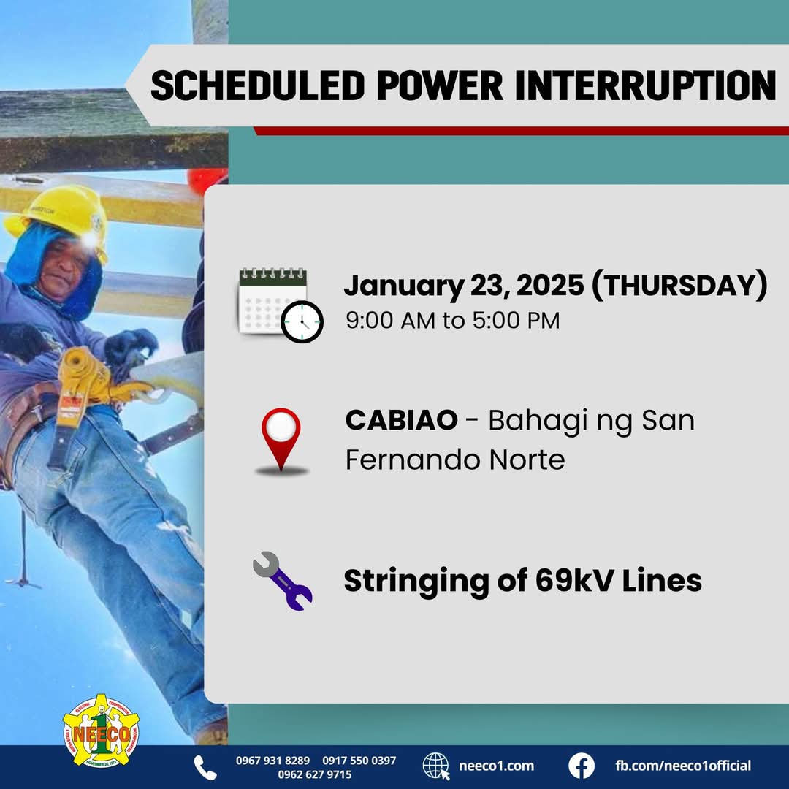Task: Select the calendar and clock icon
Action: pos(281,305)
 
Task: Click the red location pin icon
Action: pos(281,441)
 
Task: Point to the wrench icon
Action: pos(282,581)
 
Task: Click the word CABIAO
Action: pos(402,420)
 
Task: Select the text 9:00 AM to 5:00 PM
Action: pos(452,321)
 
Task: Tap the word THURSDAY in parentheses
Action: pos(680,286)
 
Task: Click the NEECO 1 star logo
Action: pos(101,731)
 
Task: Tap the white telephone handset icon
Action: pos(205,767)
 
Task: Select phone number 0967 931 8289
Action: pos(272,761)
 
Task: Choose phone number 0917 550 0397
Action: pos(359,761)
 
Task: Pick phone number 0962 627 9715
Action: pos(315,774)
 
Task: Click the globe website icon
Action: pos(436,766)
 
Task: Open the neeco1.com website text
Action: pos(496,766)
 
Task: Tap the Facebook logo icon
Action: pos(582,766)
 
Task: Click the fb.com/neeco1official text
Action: pos(683,766)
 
